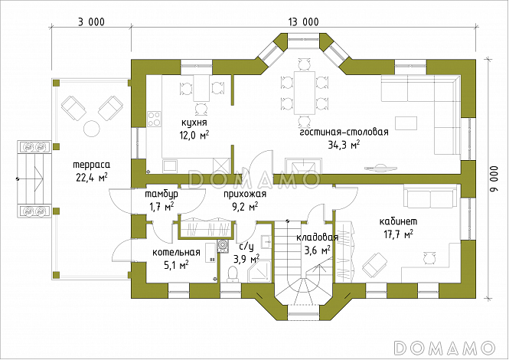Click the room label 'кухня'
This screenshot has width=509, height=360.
click(x=194, y=123)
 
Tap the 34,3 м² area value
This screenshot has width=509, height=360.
click(x=344, y=145)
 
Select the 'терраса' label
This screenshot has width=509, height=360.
click(x=92, y=165)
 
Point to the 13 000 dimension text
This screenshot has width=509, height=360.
click(x=304, y=21)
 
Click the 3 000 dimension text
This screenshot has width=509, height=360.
click(x=91, y=21)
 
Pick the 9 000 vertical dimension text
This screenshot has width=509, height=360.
click(x=494, y=179)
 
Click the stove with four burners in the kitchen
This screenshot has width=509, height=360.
click(x=154, y=119)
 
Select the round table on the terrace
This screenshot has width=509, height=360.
click(x=92, y=129)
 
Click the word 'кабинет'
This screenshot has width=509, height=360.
click(x=398, y=221)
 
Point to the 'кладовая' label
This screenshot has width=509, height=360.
click(x=317, y=237)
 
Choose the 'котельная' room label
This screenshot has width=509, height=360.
click(x=176, y=253)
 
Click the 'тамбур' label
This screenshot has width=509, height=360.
click(x=162, y=195)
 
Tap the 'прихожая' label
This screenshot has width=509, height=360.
click(x=245, y=195)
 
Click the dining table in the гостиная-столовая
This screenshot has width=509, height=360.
click(x=304, y=93)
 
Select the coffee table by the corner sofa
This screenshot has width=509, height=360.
click(x=406, y=123)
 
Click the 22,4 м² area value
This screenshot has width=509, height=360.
click(x=92, y=178)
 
